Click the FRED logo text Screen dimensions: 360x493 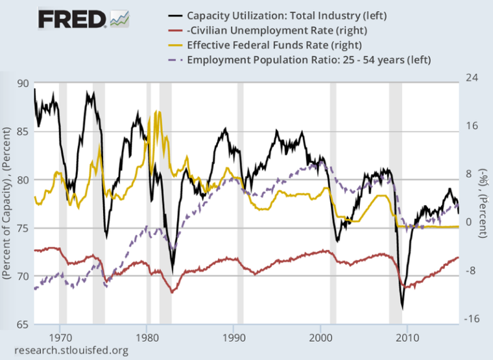pos(71,19)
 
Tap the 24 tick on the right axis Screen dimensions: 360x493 pos(472,77)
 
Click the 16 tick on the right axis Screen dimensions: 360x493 pos(472,126)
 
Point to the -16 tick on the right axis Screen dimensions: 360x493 pos(472,318)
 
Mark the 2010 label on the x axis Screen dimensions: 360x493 pos(407,338)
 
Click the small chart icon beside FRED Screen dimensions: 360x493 pos(120,19)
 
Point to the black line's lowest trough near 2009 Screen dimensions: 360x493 pos(402,307)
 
